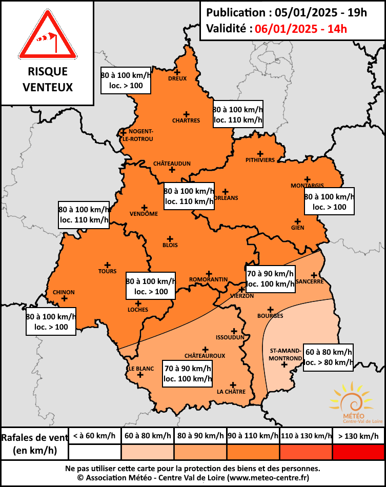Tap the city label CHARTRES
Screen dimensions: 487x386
pos(186,121)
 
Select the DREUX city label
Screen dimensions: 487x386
pos(177,78)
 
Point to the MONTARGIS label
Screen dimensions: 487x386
pos(307,186)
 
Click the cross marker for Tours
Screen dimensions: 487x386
pos(108,265)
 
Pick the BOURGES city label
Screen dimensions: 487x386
pos(270,316)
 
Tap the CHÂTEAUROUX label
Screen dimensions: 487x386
pos(205,355)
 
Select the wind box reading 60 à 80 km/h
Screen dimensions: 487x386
pos(329,357)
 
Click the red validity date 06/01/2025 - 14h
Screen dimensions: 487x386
pos(300,29)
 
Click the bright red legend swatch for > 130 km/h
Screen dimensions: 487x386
pos(358,452)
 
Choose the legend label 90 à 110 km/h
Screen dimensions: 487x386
pos(253,436)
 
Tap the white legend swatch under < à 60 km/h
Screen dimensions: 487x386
pos(94,452)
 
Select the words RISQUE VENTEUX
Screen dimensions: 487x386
pos(47,79)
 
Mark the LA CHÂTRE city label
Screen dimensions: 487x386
pos(232,392)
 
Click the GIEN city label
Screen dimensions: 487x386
pos(297,228)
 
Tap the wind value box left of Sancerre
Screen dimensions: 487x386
pos(270,278)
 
